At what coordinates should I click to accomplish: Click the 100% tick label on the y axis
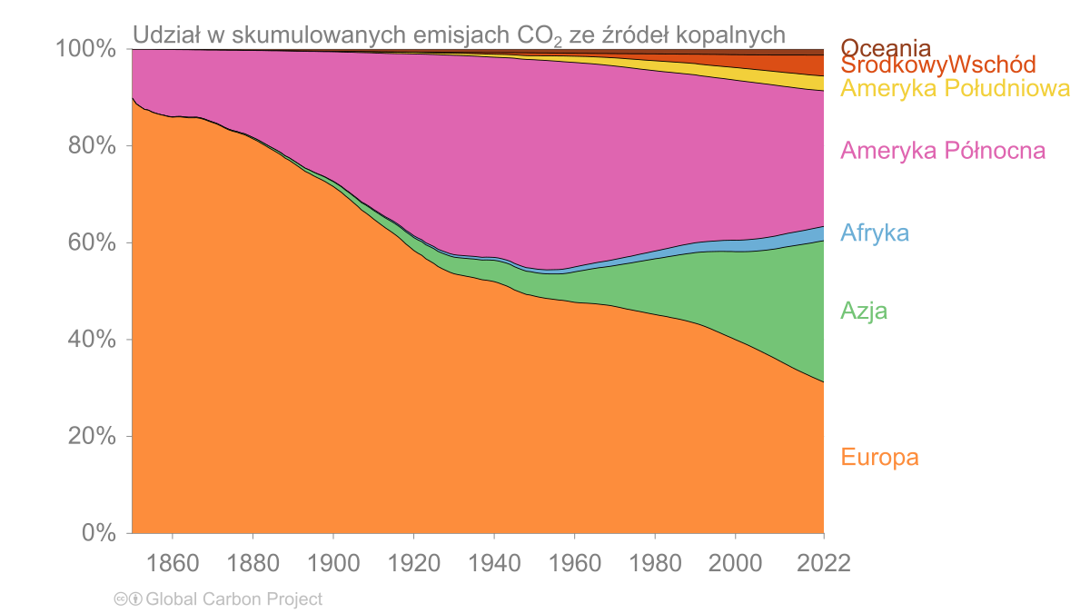[x=86, y=49]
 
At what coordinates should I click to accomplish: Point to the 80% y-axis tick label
[x=92, y=146]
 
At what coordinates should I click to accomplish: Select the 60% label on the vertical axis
[x=92, y=243]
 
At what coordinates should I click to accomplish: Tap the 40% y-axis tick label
[x=92, y=341]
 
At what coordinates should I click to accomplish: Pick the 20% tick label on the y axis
[x=92, y=437]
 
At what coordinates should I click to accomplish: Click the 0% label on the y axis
[x=98, y=534]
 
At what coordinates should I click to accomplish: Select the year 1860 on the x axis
[x=172, y=563]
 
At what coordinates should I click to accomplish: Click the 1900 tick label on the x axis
[x=332, y=563]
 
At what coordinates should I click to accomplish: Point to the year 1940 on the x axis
[x=493, y=563]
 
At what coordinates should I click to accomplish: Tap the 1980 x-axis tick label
[x=654, y=563]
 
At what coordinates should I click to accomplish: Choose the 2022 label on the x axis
[x=823, y=563]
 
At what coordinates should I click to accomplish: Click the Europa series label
[x=879, y=458]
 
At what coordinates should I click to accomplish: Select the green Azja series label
[x=864, y=312]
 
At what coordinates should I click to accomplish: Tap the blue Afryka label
[x=875, y=233]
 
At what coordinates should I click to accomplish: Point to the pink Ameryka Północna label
[x=943, y=151]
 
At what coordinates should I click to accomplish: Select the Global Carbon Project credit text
[x=233, y=599]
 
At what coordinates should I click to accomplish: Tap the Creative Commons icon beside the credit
[x=126, y=599]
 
